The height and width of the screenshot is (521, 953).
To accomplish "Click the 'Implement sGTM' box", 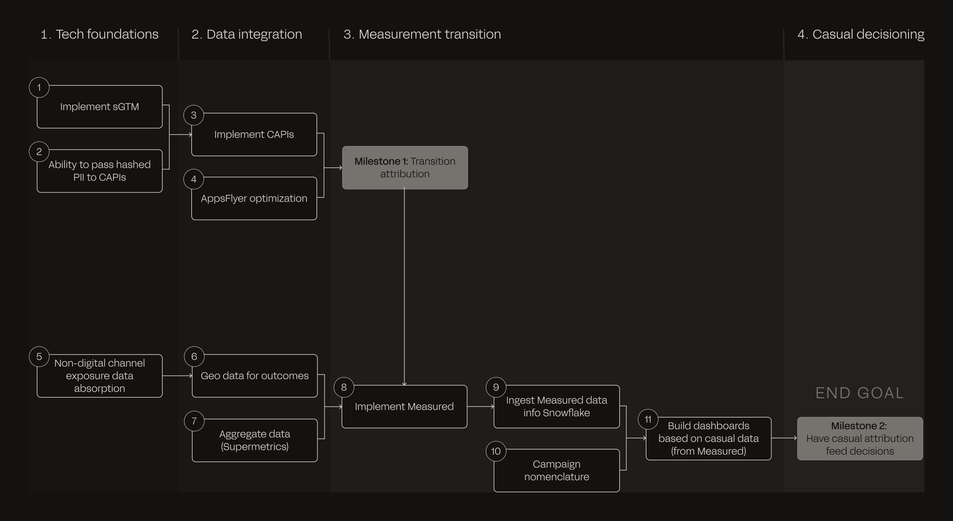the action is click(100, 107).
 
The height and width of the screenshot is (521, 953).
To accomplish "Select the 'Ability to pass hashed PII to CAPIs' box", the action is click(100, 171).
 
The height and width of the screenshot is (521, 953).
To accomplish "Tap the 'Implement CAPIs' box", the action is click(254, 135).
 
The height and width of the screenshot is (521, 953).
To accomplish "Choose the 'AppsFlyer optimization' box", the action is click(254, 199).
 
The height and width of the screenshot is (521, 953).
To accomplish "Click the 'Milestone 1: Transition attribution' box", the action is click(405, 168).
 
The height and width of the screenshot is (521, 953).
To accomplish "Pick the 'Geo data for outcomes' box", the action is click(254, 376).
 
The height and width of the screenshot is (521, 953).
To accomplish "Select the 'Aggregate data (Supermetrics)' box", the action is click(254, 440).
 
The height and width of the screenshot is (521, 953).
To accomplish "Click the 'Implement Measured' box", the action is click(404, 407).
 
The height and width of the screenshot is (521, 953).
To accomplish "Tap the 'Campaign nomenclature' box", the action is click(557, 470).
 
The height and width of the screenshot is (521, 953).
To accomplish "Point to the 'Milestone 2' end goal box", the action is click(860, 438).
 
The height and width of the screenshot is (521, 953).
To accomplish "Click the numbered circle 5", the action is click(39, 356).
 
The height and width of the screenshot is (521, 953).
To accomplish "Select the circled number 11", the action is click(648, 419).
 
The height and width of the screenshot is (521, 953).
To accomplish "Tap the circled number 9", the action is click(496, 388).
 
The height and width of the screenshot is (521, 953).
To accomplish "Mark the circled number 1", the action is click(39, 88).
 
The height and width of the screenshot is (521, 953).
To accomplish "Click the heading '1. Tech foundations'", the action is click(100, 34).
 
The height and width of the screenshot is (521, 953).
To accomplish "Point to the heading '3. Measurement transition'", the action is click(422, 34).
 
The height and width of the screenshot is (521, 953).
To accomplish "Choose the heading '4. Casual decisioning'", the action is click(861, 34).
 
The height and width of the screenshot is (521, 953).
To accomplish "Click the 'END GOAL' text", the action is click(860, 393).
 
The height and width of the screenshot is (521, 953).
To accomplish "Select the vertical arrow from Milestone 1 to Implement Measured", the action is click(404, 287).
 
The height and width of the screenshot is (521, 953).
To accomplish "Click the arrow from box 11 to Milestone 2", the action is click(784, 438).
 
